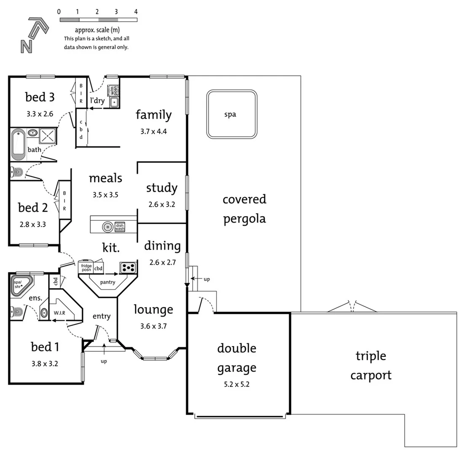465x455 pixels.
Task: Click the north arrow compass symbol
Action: point(34,35)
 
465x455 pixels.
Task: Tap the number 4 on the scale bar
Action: point(136,12)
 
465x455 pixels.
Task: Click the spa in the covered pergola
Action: point(231,114)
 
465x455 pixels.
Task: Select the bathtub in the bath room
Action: point(18,145)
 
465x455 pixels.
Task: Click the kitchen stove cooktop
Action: point(128,267)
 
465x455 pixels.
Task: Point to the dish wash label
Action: point(120,227)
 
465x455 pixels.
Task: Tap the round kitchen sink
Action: point(108,227)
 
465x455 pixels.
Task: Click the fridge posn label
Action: point(86,268)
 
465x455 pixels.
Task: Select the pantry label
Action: point(108,282)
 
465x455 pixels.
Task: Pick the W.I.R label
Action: point(59,313)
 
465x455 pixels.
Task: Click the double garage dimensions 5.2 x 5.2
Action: point(237,384)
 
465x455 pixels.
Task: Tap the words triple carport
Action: point(371,365)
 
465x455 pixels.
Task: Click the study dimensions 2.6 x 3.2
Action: point(161,205)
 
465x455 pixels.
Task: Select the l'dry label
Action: point(97,101)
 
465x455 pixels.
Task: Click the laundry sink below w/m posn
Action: point(113,102)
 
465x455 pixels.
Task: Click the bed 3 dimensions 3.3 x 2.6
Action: point(39,113)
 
